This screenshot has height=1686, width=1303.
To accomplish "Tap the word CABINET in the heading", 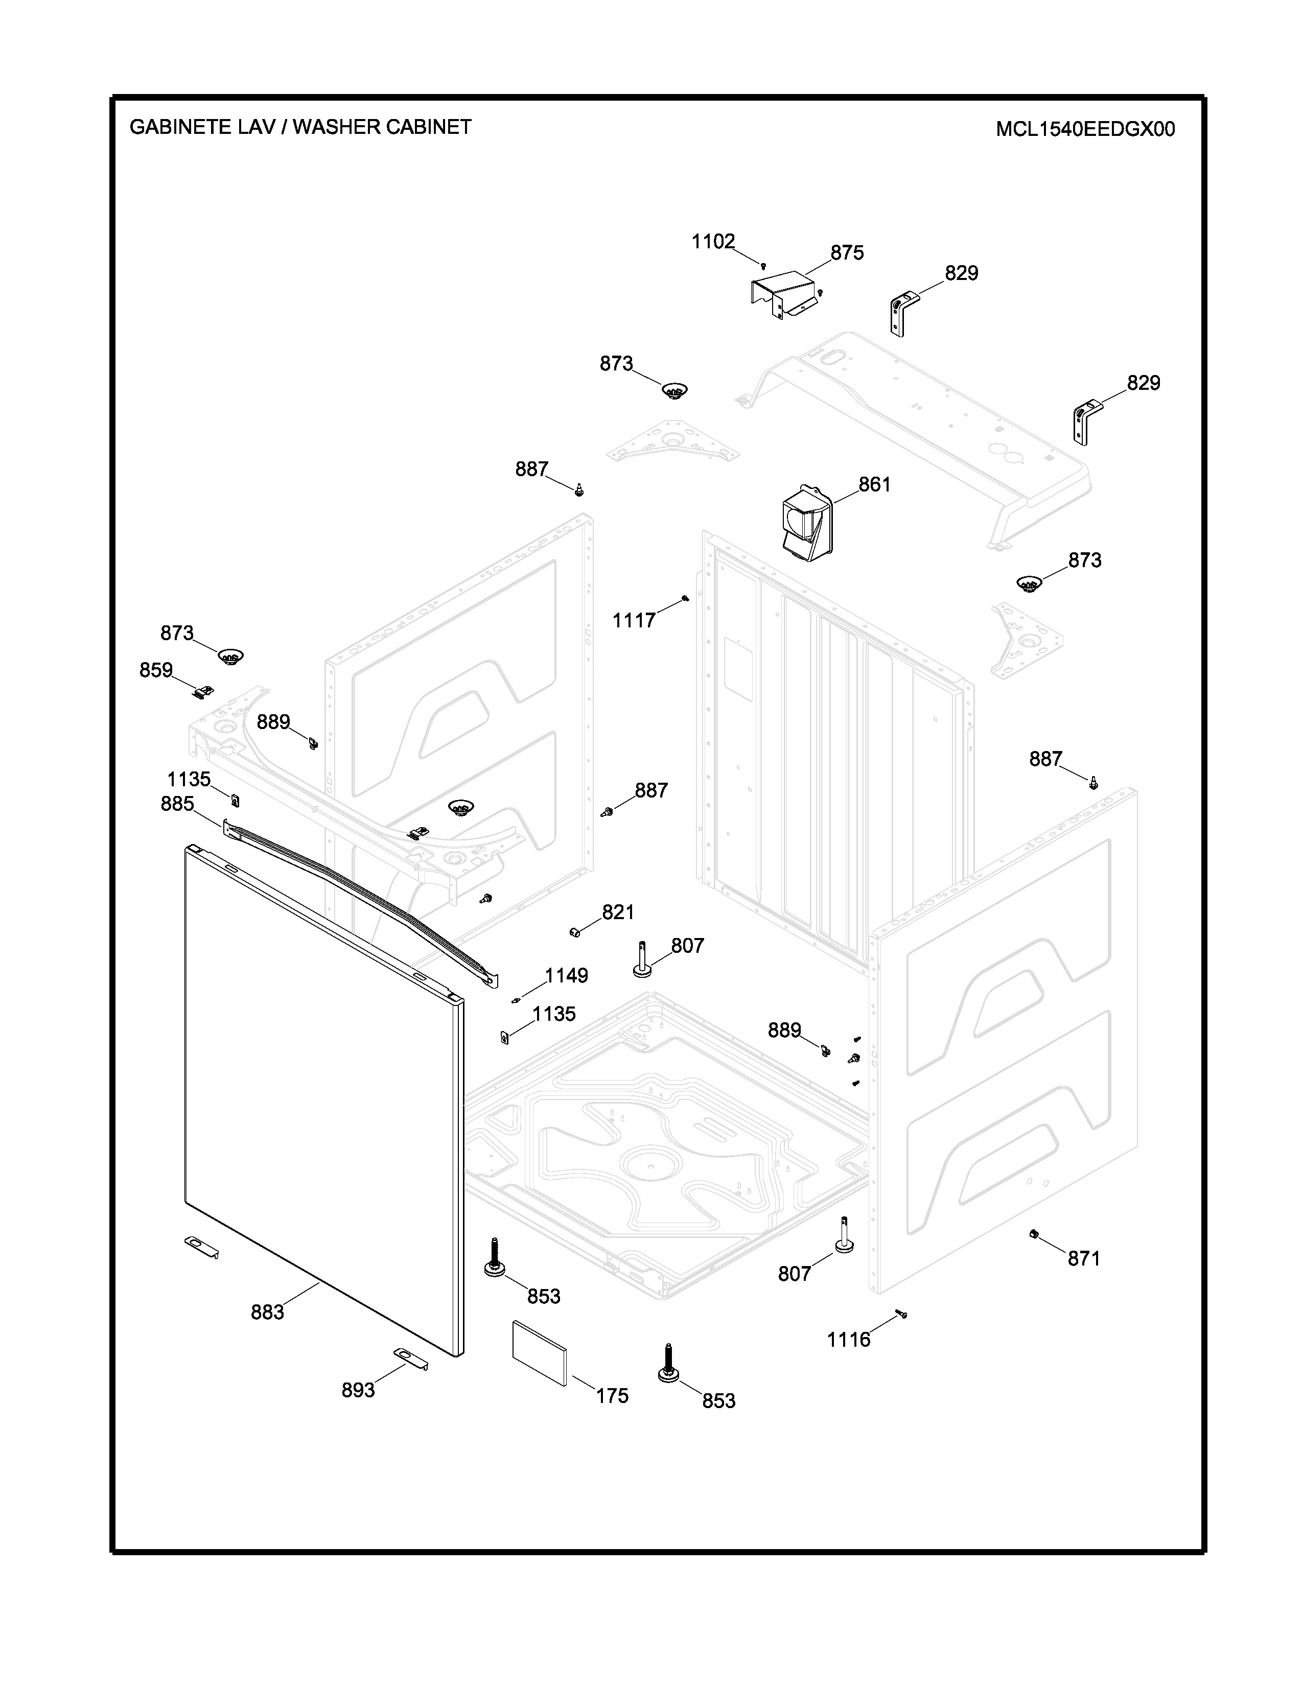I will coord(428,127).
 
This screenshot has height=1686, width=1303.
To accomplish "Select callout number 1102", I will coord(712,242).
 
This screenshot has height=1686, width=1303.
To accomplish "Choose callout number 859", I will coord(156,670).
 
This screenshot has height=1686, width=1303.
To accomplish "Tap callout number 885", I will coord(177,804).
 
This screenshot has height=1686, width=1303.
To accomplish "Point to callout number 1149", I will coord(567,976).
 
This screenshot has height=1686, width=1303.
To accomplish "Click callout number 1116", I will coord(848,1340).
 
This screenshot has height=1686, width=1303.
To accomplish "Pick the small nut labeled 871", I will coord(1033,1234).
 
